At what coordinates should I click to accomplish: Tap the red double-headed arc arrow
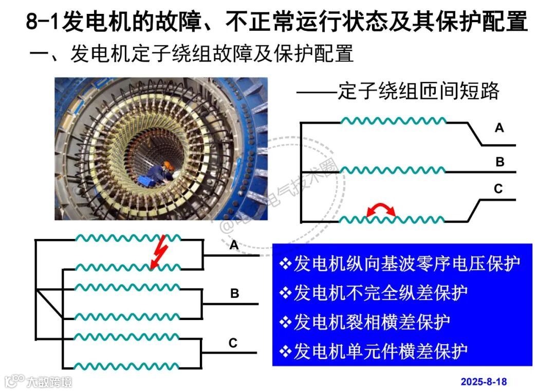[x=381, y=210]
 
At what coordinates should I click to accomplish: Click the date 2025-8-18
[x=483, y=382]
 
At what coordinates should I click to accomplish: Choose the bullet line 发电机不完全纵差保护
[x=374, y=293]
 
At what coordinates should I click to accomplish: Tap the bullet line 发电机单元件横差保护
[x=374, y=351]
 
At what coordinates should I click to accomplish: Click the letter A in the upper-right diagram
[x=499, y=128]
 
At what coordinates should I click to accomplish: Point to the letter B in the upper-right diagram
[x=499, y=162]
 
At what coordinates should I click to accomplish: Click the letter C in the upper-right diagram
[x=498, y=189]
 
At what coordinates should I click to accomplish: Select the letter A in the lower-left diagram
[x=234, y=246]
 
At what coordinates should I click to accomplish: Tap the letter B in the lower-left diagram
[x=234, y=294]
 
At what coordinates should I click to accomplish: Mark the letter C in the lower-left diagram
[x=233, y=343]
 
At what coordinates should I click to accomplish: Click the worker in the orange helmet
[x=163, y=173]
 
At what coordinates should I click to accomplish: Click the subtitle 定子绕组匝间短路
[x=418, y=91]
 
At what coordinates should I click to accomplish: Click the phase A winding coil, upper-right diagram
[x=394, y=122]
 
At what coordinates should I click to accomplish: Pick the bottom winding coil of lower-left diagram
[x=128, y=366]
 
